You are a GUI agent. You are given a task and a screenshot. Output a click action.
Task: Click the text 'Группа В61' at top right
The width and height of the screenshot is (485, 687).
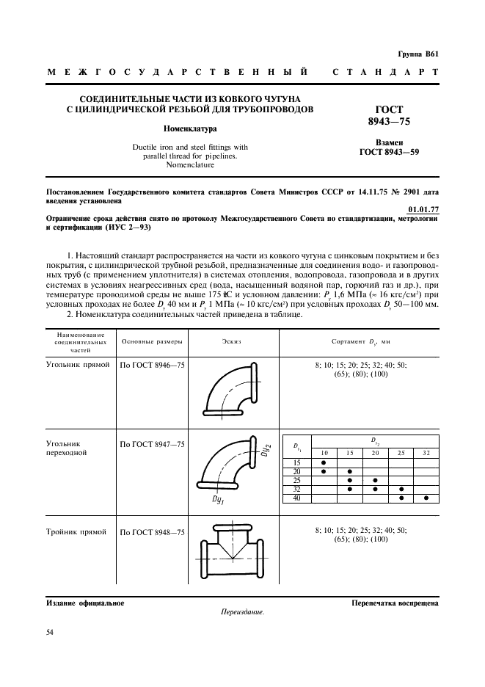tap(418, 54)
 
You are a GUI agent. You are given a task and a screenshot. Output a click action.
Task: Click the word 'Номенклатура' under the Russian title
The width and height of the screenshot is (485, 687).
tap(185, 128)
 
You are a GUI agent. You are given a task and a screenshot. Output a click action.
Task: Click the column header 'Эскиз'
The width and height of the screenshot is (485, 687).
tap(231, 341)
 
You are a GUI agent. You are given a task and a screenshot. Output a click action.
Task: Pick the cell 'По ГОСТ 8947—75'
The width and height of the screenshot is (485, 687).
tap(153, 444)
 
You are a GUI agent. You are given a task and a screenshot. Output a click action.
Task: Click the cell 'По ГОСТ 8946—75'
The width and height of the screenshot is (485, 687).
tap(153, 364)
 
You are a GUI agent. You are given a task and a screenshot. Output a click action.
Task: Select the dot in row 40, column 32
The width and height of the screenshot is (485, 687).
tap(426, 498)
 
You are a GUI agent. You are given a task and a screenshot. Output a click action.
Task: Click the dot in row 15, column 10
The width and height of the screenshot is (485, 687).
tap(324, 463)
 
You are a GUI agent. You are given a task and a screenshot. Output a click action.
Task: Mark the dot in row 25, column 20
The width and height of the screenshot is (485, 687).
tap(375, 481)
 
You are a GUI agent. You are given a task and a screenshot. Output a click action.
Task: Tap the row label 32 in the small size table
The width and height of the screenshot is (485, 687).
tap(297, 490)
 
